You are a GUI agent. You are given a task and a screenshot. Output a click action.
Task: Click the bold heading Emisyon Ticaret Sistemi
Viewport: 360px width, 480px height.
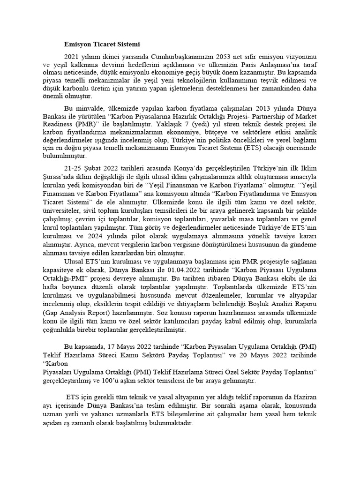click(102, 45)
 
